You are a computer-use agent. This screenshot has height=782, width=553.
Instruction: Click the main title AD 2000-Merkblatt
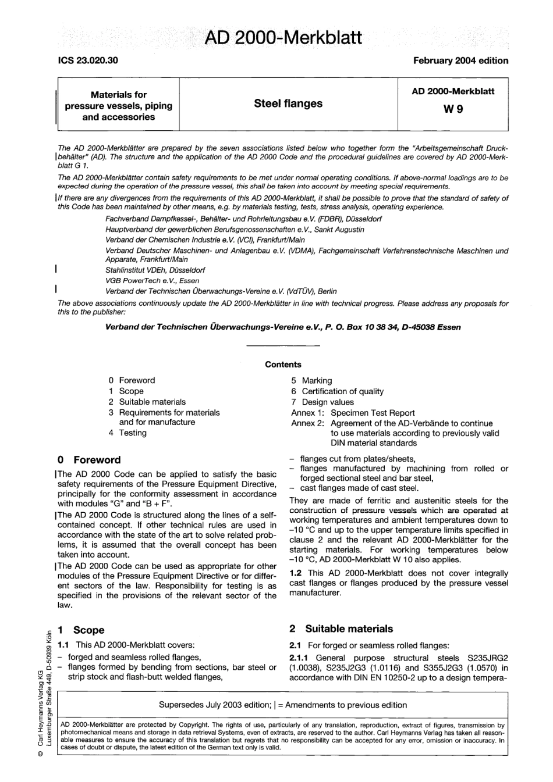coord(283,38)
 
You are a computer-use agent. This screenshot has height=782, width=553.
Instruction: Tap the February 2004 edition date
coord(460,60)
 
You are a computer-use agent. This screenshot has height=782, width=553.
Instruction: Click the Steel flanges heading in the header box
coord(288,103)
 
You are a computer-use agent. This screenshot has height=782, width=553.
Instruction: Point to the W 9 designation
coord(453,109)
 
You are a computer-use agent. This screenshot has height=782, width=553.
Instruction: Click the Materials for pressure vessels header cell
coord(118,106)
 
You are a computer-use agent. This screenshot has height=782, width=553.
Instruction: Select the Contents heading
coord(283,365)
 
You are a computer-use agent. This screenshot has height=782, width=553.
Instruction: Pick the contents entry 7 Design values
coord(322,402)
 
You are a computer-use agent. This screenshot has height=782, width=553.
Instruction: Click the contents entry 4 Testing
coord(127,433)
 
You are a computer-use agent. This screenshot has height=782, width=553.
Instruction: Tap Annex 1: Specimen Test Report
coord(353,412)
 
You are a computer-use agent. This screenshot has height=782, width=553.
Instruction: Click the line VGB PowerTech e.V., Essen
coord(152,280)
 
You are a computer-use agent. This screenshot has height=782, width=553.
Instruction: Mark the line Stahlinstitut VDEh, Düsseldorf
coord(155,270)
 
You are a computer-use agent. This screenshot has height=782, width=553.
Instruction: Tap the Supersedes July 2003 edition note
coord(283,705)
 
